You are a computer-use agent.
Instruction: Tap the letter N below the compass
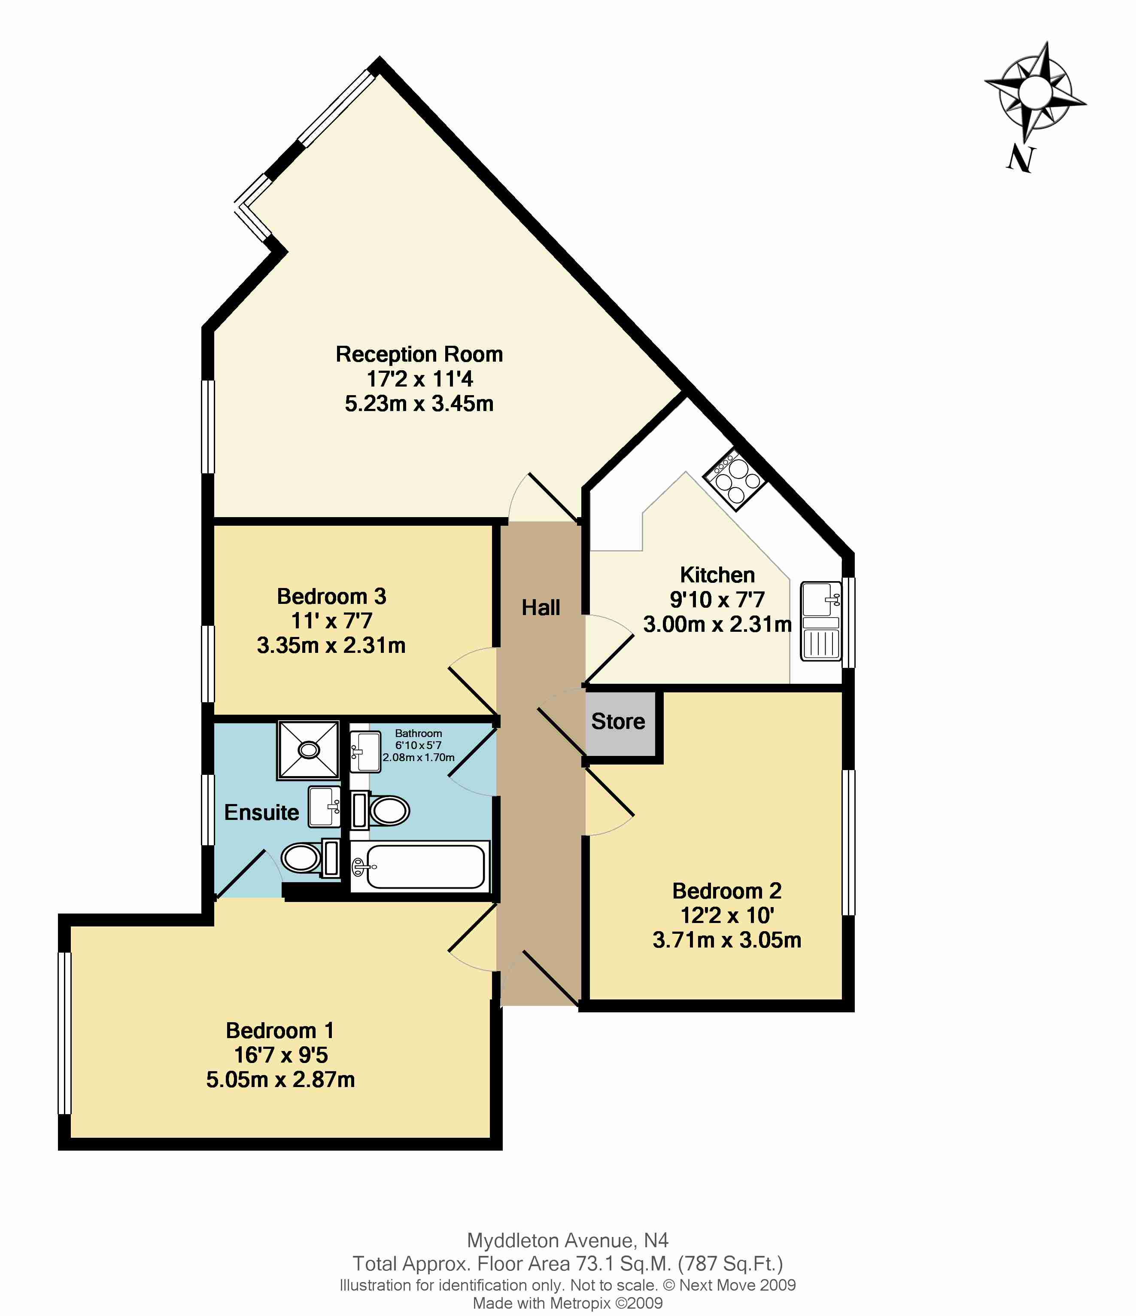coord(1021,159)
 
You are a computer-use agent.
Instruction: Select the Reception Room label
coord(419,354)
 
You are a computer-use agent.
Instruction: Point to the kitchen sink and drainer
coord(821,621)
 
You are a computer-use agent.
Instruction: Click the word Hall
coord(541,608)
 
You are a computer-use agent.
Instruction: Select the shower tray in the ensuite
coord(309,750)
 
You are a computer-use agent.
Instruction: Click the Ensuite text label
coord(261,812)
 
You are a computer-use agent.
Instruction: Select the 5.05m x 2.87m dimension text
coord(281,1080)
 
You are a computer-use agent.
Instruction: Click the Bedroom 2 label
coord(727,891)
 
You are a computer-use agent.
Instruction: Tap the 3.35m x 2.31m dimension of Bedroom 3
coord(331,645)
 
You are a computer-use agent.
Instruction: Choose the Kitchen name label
coord(717,575)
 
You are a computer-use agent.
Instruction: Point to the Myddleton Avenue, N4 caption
coord(568,1240)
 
